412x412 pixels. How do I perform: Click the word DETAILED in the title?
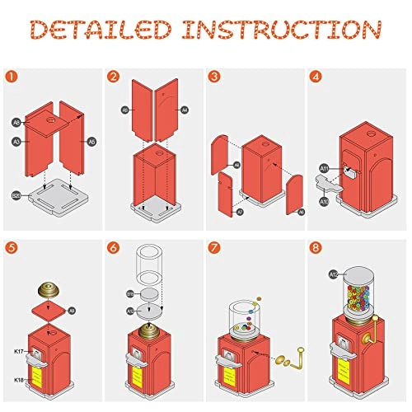105,31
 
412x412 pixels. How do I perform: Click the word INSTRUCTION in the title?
285,31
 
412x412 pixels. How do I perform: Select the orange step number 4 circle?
318,77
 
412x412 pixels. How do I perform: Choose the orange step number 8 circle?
318,248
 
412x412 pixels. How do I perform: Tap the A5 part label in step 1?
91,141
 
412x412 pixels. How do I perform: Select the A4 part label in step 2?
185,109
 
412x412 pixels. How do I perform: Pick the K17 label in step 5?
19,352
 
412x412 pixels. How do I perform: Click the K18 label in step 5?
19,379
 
